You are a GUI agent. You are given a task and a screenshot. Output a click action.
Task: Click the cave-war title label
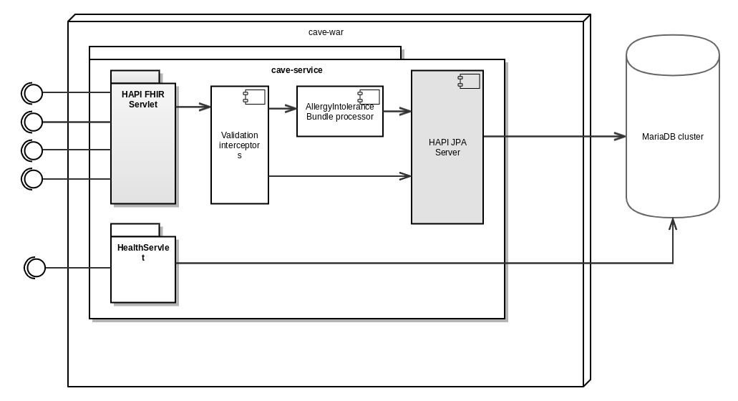[326, 32]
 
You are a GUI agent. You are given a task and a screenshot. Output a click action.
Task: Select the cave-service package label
[296, 70]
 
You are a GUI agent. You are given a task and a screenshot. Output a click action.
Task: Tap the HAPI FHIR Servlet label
[143, 100]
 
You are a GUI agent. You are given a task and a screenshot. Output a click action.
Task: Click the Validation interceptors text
[240, 145]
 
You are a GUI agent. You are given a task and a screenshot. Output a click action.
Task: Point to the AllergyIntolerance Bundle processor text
[339, 112]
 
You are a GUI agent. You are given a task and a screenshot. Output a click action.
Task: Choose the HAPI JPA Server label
[447, 148]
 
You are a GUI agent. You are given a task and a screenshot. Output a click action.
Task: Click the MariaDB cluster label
[672, 137]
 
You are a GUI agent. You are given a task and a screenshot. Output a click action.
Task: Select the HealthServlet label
[143, 252]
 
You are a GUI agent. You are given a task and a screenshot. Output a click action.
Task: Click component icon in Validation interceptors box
[254, 97]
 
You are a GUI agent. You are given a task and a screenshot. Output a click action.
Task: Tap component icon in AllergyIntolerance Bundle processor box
[369, 97]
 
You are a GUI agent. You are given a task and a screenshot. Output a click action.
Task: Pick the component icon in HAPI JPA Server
[469, 81]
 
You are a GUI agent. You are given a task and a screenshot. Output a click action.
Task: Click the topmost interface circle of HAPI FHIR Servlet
[34, 93]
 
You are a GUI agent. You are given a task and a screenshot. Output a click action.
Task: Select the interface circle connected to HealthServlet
[36, 268]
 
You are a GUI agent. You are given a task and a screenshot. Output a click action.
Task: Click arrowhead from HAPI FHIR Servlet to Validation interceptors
[205, 107]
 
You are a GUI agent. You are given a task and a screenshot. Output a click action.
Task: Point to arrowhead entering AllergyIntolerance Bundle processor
[291, 109]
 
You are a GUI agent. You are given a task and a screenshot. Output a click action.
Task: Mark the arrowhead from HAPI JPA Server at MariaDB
[620, 136]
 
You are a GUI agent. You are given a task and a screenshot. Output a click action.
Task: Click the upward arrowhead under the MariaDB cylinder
[673, 223]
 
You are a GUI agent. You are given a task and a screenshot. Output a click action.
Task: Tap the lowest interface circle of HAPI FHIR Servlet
[34, 178]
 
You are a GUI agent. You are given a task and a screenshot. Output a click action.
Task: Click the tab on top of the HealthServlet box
[135, 230]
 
